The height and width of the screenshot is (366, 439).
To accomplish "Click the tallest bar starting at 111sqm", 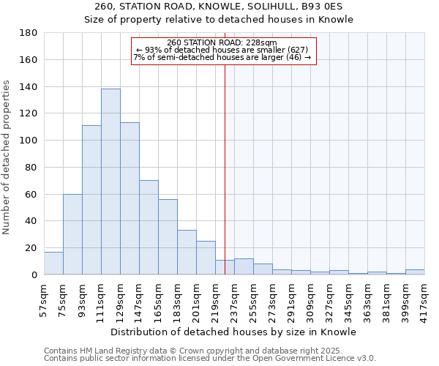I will pos(110,182).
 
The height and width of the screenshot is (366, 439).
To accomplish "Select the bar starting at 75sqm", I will pos(72,234).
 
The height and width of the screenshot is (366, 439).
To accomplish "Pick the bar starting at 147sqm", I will pos(149,227).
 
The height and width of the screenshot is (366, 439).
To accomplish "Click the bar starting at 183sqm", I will pos(187,253).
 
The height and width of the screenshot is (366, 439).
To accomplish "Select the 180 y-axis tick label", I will pos(29,33).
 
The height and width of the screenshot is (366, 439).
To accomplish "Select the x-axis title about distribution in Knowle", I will pos(234,332).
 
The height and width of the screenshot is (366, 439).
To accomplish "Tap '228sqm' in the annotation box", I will pos(263,42).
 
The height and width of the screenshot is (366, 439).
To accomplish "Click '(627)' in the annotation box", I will pos(302,50).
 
